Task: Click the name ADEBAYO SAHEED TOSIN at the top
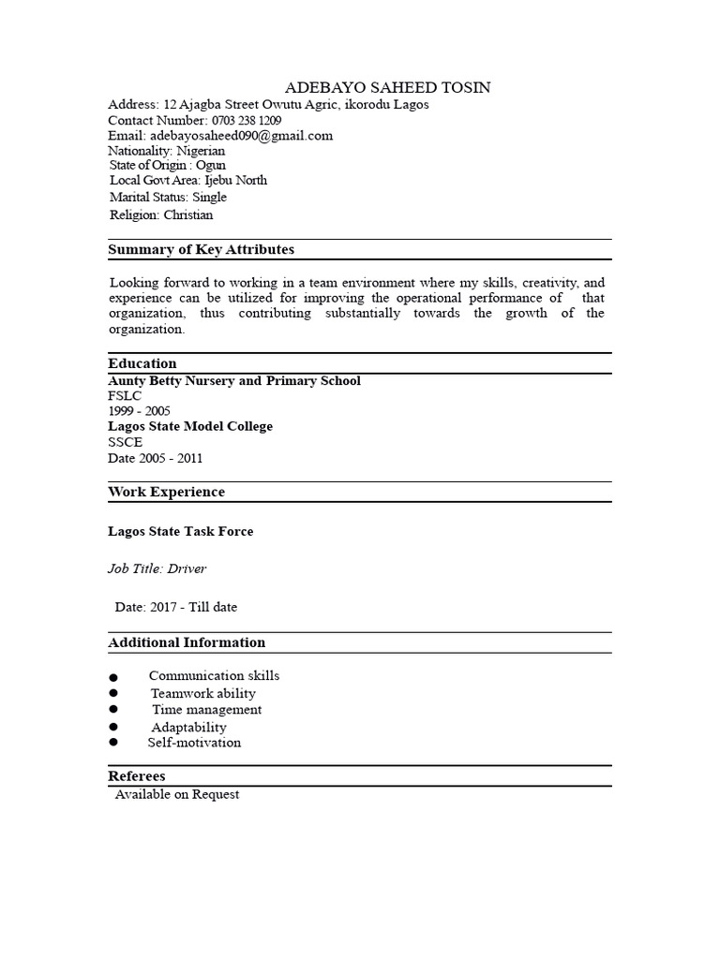tap(387, 87)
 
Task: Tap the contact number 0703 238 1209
tap(246, 121)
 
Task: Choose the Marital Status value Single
tap(209, 198)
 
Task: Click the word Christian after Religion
tap(188, 215)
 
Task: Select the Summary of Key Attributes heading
tap(201, 249)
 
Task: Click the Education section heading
tap(142, 363)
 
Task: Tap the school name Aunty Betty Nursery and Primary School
tap(234, 381)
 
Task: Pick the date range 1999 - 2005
tap(140, 411)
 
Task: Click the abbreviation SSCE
tap(125, 442)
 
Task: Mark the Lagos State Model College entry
tap(190, 426)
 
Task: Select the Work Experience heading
tap(166, 492)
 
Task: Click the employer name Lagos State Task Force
tap(181, 531)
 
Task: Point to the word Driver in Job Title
tap(187, 568)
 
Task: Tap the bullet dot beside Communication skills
tap(113, 677)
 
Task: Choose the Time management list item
tap(207, 710)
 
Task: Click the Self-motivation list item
tap(194, 743)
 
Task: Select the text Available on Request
tap(177, 794)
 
